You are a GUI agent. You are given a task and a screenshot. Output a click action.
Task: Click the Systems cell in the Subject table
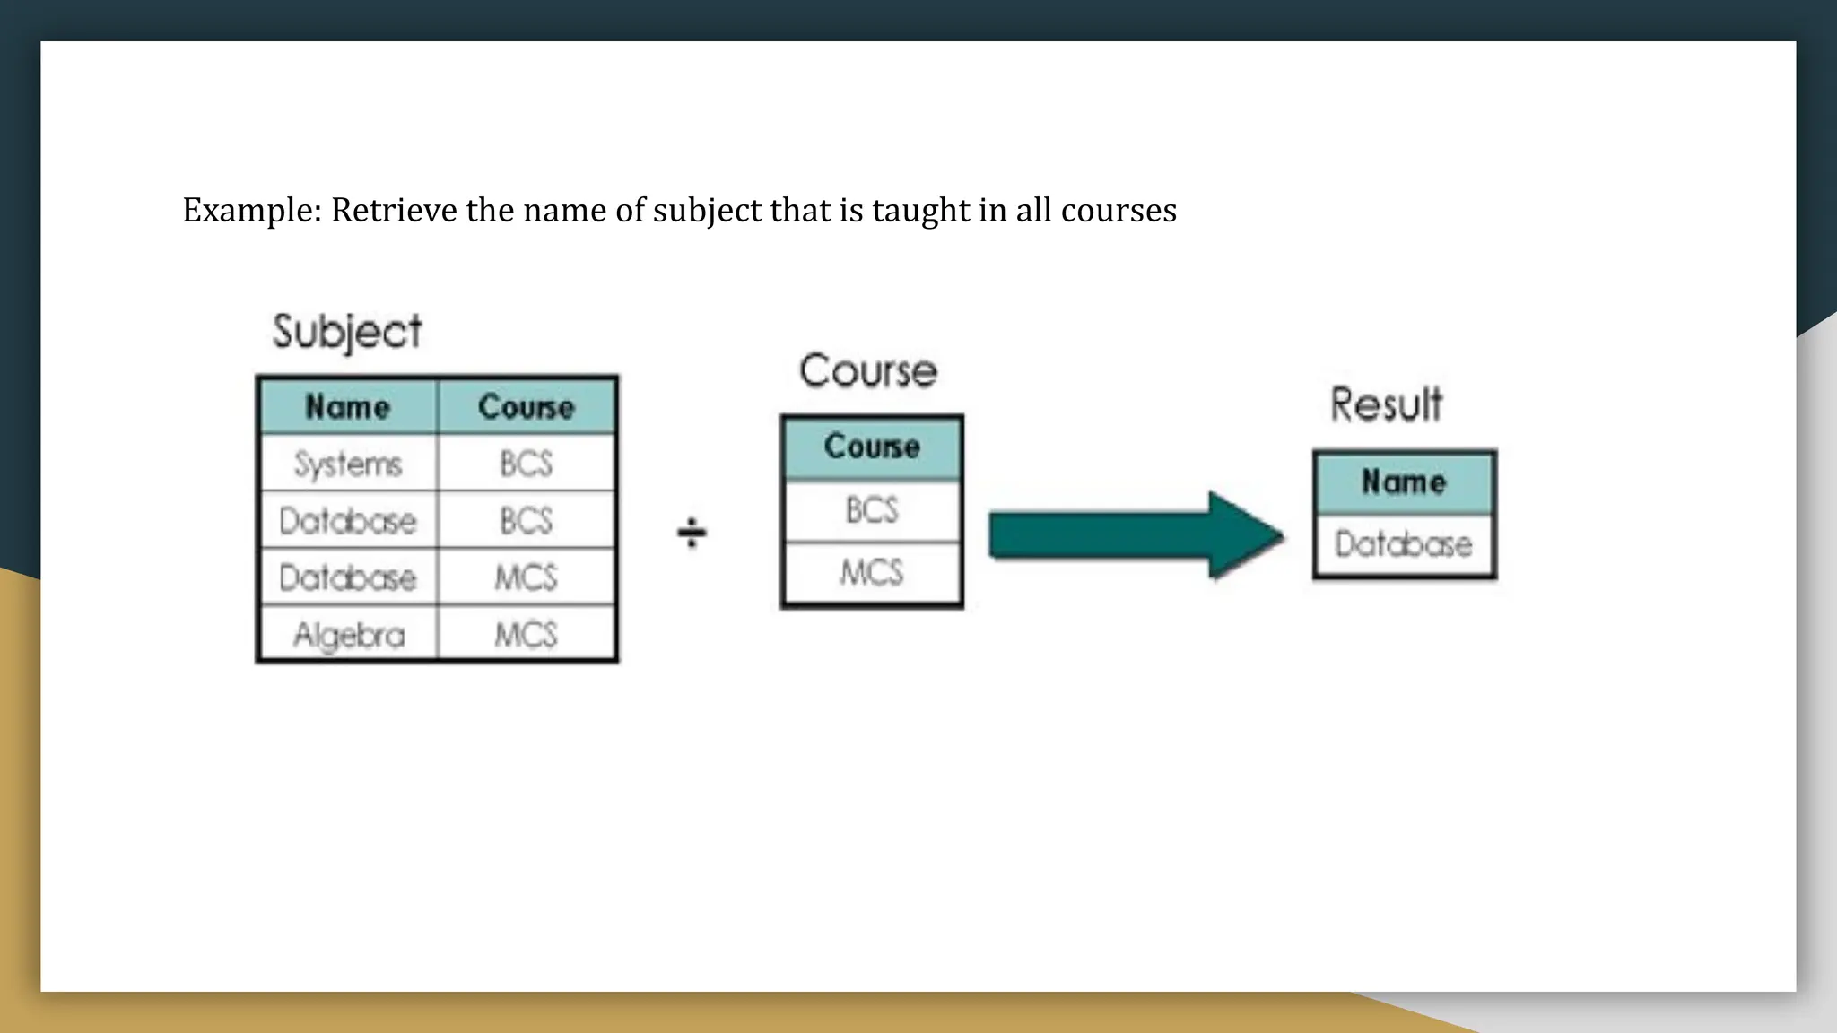pyautogui.click(x=348, y=464)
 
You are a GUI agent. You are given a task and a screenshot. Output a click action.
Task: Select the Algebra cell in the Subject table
pyautogui.click(x=349, y=635)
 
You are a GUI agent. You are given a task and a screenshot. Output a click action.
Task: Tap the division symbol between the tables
pyautogui.click(x=692, y=533)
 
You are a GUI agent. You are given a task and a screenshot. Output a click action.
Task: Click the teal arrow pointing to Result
pyautogui.click(x=1136, y=535)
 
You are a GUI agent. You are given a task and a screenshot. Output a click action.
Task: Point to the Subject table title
pyautogui.click(x=347, y=332)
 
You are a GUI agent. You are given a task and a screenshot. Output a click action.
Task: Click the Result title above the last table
pyautogui.click(x=1387, y=404)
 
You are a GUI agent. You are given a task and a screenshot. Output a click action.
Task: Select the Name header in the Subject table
pyautogui.click(x=348, y=407)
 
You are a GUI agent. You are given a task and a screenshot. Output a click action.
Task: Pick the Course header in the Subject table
pyautogui.click(x=527, y=407)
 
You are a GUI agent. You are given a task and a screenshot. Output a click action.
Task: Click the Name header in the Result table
pyautogui.click(x=1404, y=482)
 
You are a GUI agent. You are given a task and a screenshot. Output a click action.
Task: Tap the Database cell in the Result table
pyautogui.click(x=1404, y=544)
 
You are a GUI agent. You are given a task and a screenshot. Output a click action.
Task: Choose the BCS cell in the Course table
pyautogui.click(x=872, y=510)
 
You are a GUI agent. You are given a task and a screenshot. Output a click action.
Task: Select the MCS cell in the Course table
pyautogui.click(x=872, y=572)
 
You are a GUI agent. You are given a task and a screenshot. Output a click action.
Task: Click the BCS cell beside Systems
pyautogui.click(x=527, y=464)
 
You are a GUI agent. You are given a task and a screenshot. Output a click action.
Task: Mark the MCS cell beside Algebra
pyautogui.click(x=527, y=635)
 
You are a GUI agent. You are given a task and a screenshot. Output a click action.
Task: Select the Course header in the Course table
pyautogui.click(x=872, y=447)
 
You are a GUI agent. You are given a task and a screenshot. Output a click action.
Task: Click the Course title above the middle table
pyautogui.click(x=868, y=371)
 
